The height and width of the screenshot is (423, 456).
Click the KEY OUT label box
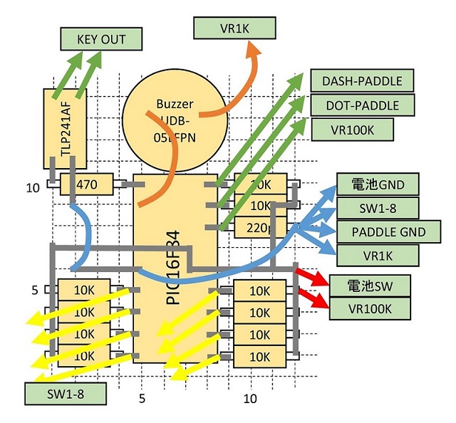pos(100,38)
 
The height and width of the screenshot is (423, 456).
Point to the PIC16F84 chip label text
pos(173,263)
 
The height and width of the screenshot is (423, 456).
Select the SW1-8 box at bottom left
pos(66,392)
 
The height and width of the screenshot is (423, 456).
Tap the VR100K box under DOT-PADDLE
pos(353,130)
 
